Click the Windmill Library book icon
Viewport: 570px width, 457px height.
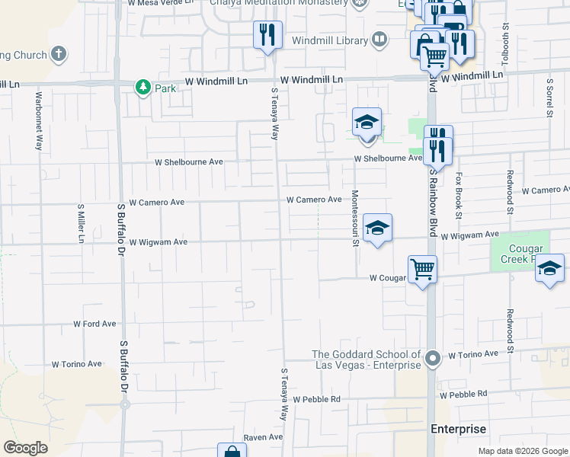click(379, 39)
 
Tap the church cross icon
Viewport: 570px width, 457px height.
click(59, 54)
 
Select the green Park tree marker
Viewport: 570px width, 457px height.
click(142, 88)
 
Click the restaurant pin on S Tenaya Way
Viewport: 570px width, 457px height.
click(267, 35)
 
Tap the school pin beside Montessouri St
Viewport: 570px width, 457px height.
click(377, 228)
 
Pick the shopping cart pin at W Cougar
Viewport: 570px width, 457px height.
click(422, 269)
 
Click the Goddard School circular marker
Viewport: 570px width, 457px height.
click(433, 357)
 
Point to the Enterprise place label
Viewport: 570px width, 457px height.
click(457, 429)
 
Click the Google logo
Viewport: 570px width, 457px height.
click(25, 448)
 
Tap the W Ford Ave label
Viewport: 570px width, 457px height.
click(94, 324)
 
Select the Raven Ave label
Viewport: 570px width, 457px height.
click(263, 438)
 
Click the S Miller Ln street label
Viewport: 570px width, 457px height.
click(80, 223)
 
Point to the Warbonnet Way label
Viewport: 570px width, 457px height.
click(38, 121)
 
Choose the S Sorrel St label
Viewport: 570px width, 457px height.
click(549, 97)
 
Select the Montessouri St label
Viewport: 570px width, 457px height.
click(355, 219)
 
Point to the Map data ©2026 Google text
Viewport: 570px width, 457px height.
click(522, 451)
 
